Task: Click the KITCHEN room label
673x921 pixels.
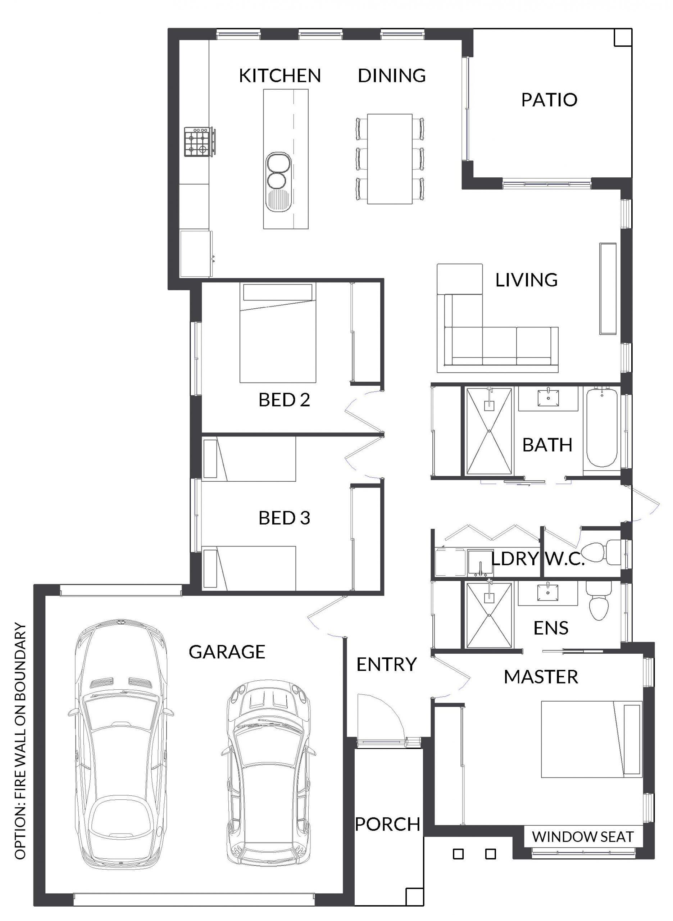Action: [x=280, y=76]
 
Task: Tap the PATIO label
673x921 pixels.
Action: [x=550, y=100]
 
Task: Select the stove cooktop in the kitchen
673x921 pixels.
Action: [x=199, y=141]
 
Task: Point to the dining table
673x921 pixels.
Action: [x=390, y=159]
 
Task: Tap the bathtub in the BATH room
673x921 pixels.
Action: [x=602, y=428]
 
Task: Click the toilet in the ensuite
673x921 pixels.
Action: [x=599, y=600]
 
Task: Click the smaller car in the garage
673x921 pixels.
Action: [x=268, y=768]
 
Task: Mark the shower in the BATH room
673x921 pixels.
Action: [x=489, y=431]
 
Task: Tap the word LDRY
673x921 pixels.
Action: [x=515, y=559]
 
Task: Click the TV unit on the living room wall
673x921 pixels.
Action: [x=608, y=289]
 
